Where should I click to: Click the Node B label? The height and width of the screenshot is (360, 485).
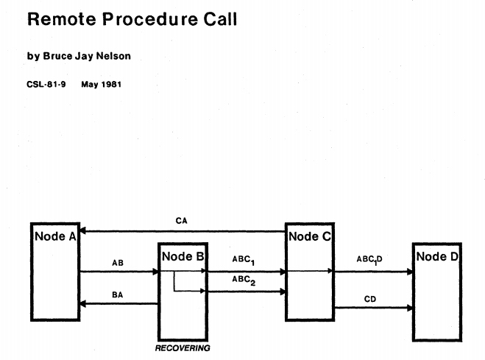[183, 257]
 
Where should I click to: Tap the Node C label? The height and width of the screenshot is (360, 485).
[309, 236]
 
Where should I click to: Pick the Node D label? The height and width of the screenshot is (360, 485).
[437, 256]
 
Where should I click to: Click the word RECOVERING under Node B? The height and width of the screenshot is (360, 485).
[183, 347]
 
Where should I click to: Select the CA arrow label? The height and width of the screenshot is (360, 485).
[182, 220]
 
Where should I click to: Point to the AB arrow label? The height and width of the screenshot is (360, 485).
[118, 262]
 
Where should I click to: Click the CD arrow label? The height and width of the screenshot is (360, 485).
[371, 298]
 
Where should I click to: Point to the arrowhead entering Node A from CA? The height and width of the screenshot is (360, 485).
[84, 231]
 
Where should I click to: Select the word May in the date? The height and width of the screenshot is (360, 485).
[89, 84]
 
